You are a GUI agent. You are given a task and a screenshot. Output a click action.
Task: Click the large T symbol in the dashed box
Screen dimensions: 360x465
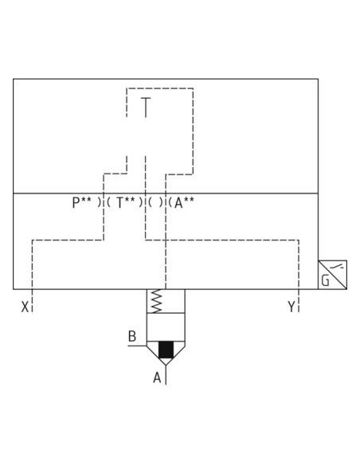pos(145,107)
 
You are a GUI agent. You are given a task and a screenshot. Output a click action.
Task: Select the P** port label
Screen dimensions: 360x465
pos(81,203)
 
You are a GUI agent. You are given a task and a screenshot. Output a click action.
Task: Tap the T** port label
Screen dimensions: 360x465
pos(126,203)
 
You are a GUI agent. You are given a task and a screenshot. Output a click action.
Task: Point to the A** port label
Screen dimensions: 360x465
pos(184,203)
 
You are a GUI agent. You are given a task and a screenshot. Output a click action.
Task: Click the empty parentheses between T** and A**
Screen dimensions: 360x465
pos(155,203)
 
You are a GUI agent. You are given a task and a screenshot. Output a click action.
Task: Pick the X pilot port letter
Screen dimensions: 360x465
pos(25,307)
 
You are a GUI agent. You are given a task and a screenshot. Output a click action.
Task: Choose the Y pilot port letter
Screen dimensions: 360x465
pos(292,307)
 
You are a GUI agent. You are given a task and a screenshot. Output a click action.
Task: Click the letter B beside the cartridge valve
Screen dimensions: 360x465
pos(132,336)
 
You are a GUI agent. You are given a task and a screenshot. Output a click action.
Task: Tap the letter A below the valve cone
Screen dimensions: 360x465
pos(157,377)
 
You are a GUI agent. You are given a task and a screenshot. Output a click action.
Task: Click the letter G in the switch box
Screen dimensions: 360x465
pos(325,280)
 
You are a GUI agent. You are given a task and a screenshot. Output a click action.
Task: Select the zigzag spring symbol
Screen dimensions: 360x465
pos(156,301)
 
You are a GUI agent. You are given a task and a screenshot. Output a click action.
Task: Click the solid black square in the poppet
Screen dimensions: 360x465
pos(166,350)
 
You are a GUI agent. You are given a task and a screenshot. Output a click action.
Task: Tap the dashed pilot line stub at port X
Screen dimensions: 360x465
pos(32,301)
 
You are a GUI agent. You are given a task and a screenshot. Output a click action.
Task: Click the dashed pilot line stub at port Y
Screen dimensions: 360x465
pos(299,301)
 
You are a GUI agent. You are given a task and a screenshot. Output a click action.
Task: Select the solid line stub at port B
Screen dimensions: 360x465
pos(137,346)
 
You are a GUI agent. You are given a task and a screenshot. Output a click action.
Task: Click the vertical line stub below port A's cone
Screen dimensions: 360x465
pos(166,375)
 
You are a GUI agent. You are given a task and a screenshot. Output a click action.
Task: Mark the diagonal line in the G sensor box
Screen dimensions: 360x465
pos(332,275)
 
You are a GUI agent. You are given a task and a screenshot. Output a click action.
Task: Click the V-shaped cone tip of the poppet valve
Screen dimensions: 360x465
pos(166,365)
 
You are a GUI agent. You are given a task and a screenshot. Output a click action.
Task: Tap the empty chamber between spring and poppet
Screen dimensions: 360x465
pos(166,326)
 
